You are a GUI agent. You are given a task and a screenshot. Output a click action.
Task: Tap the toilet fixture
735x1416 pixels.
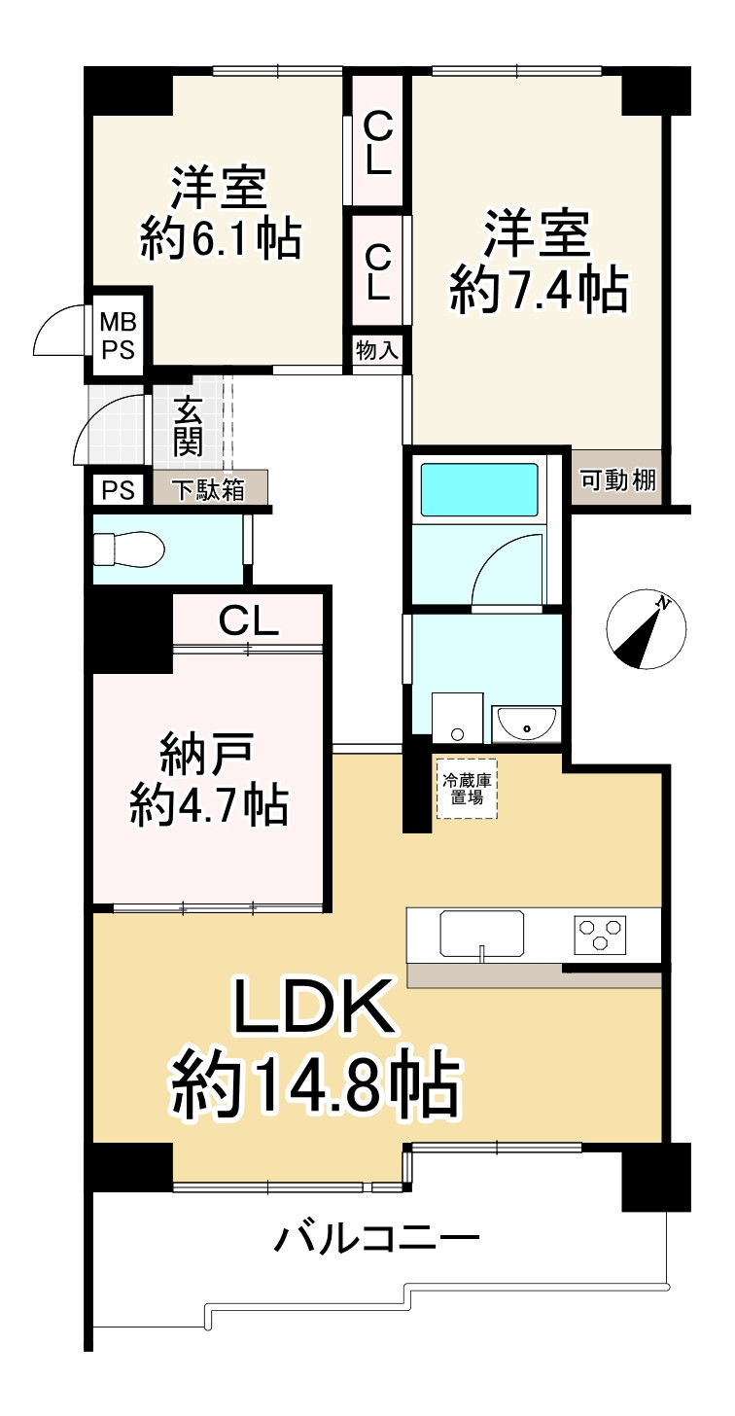coord(130,549)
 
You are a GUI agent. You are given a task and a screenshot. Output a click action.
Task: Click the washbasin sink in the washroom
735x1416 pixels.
coord(525,723)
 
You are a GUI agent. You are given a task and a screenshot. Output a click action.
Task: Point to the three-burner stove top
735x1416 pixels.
coord(601,935)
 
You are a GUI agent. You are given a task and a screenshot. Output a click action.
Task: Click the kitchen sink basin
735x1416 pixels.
coord(482,934)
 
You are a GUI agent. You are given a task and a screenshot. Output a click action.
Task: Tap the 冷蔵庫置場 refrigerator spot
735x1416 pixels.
coord(466,788)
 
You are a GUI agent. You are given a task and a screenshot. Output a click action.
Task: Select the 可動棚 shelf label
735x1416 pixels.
coord(617,478)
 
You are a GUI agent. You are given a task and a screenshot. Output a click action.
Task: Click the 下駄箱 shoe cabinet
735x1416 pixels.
coord(208,489)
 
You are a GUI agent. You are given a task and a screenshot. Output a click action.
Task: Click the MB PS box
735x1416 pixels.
coord(119,334)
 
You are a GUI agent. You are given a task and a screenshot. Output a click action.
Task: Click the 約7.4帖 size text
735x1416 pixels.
coord(538,289)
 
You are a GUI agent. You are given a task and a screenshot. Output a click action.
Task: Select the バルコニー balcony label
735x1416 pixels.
coord(377,1240)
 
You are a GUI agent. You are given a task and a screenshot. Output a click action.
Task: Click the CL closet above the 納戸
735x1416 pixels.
coord(248,619)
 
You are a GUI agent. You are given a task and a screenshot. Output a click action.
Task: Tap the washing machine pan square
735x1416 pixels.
coord(458,719)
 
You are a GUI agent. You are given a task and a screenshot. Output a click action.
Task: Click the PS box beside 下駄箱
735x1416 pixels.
coord(118,489)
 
